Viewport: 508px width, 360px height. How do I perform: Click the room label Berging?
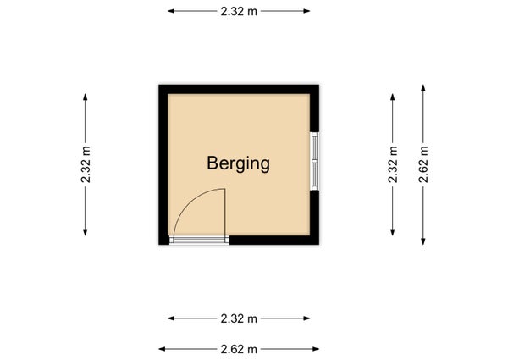pos(238,163)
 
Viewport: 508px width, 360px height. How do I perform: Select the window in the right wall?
pos(315,161)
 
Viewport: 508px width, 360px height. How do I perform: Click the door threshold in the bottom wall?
pos(199,240)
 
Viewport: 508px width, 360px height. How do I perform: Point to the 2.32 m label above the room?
pos(239,11)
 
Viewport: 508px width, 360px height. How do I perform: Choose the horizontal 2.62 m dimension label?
pos(239,349)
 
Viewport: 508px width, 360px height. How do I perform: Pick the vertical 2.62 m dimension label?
pos(423,164)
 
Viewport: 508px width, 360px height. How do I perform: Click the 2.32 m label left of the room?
pos(86,164)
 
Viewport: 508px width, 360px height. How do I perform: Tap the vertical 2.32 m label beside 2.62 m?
pos(393,164)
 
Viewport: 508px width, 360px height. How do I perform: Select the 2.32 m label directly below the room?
pos(239,318)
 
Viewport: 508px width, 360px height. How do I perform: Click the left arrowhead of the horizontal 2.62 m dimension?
pos(162,349)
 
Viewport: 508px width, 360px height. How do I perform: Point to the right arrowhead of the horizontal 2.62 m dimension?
pos(316,349)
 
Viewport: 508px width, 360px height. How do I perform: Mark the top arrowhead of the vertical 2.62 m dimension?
pos(423,88)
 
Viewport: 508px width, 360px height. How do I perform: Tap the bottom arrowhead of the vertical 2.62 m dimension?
pos(423,241)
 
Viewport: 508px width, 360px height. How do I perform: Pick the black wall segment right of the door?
pos(274,240)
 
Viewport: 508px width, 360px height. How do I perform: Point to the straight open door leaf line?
pos(225,213)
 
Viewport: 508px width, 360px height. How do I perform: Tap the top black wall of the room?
pos(239,89)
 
